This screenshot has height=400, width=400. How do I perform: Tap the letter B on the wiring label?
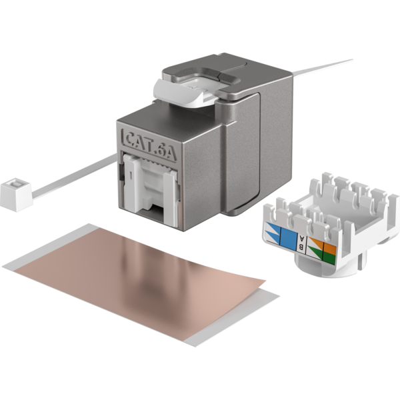[301, 247]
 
